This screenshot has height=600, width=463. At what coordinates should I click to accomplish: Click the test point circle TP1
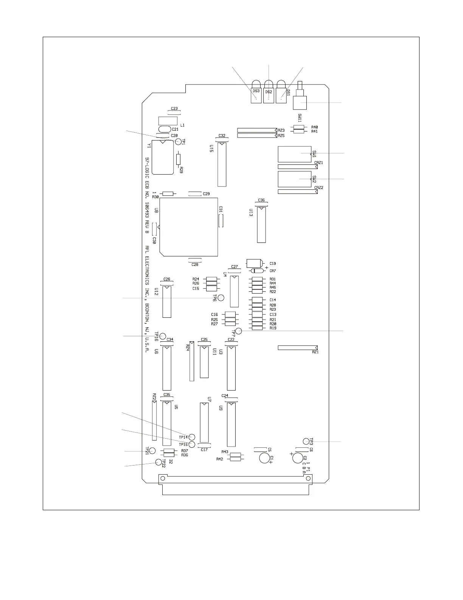point(178,141)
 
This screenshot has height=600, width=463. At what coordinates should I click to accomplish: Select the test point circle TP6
point(221,298)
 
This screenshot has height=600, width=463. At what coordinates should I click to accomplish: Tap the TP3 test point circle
point(306,441)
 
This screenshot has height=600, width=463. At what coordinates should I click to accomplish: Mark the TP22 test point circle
point(158,462)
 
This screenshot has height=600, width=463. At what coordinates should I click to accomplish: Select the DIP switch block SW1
point(294,154)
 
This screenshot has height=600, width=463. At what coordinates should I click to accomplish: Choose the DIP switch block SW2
point(294,179)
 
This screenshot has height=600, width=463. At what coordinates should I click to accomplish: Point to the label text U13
point(251,212)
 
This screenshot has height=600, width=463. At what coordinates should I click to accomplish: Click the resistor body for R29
point(179,159)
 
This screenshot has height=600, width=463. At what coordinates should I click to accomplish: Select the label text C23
point(174,109)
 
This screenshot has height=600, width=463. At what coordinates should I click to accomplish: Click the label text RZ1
point(315,352)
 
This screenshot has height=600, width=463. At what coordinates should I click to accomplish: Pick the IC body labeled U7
point(204,422)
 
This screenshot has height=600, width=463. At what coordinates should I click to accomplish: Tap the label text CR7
point(273,271)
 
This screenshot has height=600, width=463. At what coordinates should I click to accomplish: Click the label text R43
point(225,452)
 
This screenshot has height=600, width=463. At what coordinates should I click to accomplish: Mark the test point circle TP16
point(163,336)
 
